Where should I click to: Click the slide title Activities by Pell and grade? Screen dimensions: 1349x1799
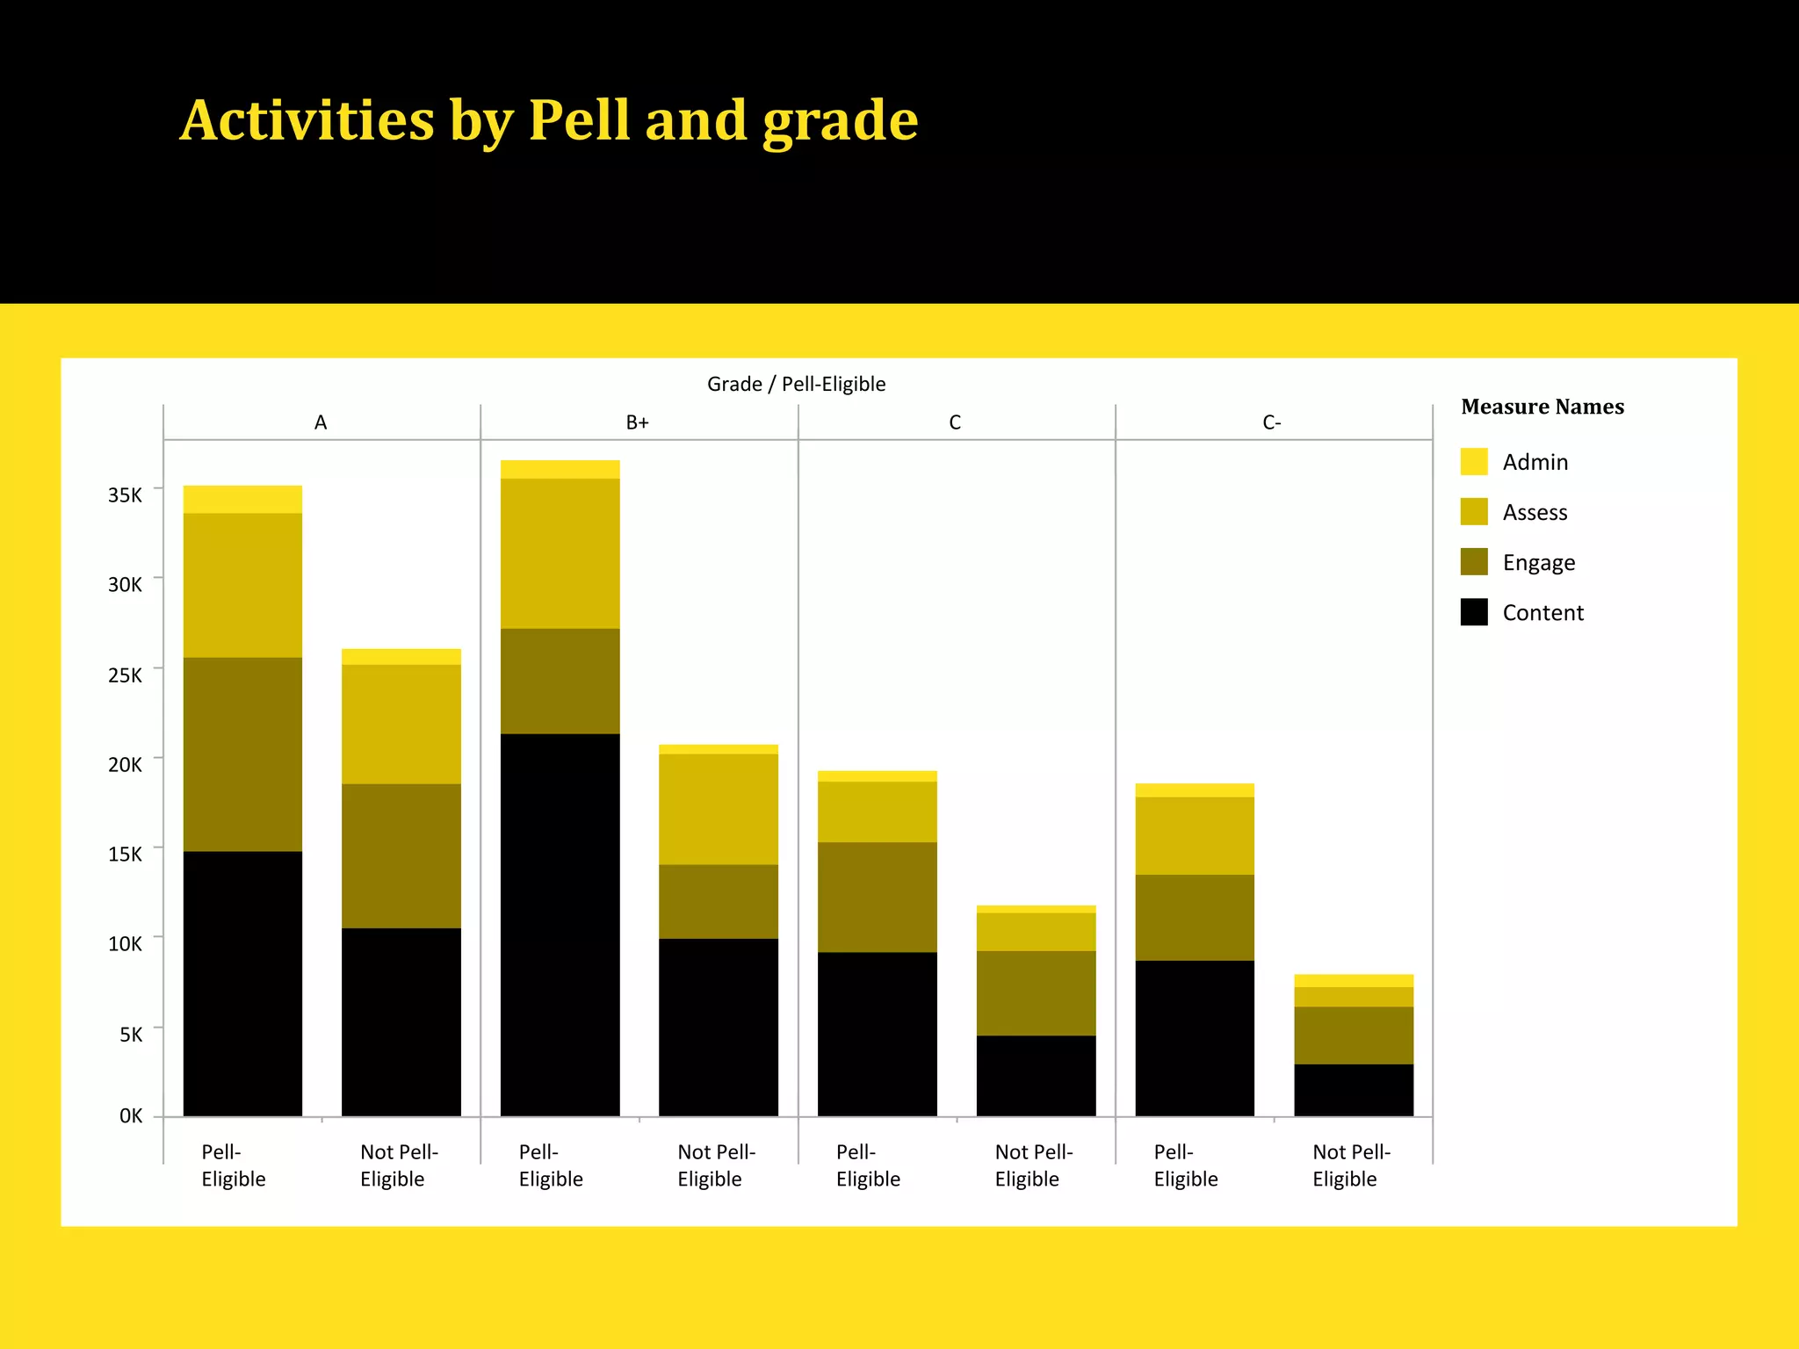(549, 120)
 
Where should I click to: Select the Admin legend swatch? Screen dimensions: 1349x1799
(1473, 462)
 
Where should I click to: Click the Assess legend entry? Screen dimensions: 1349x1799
(1534, 512)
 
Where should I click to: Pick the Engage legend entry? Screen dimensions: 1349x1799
(1538, 562)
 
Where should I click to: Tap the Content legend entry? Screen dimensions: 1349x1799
(1542, 613)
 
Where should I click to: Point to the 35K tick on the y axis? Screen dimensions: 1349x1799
(125, 494)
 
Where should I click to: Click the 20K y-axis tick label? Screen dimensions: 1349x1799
(125, 764)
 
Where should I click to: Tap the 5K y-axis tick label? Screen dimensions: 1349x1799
(130, 1035)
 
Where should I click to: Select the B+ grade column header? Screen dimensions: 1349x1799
(637, 422)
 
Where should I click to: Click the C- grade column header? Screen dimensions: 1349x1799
(1271, 422)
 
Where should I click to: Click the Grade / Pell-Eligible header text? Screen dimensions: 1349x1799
(796, 384)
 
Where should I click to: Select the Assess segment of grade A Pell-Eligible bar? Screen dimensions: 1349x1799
(242, 585)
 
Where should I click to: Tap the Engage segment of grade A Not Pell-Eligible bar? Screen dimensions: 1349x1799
(401, 855)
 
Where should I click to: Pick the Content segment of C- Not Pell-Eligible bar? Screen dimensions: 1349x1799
(1353, 1090)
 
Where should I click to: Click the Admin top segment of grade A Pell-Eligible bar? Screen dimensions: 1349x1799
(242, 499)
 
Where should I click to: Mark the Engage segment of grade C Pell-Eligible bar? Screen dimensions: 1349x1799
(877, 897)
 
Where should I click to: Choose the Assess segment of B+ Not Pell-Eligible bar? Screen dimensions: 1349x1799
(718, 809)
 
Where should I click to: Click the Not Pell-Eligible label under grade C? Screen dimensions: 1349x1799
(1033, 1165)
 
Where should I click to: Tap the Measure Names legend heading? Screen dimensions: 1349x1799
(1542, 407)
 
